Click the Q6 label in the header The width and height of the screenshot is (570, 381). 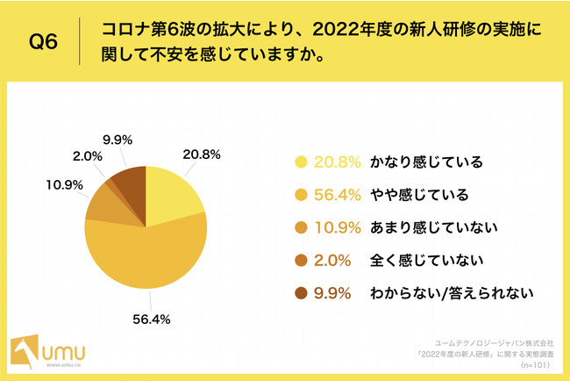[44, 42]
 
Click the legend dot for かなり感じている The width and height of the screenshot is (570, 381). [302, 162]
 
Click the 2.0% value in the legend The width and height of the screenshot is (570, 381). [334, 260]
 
